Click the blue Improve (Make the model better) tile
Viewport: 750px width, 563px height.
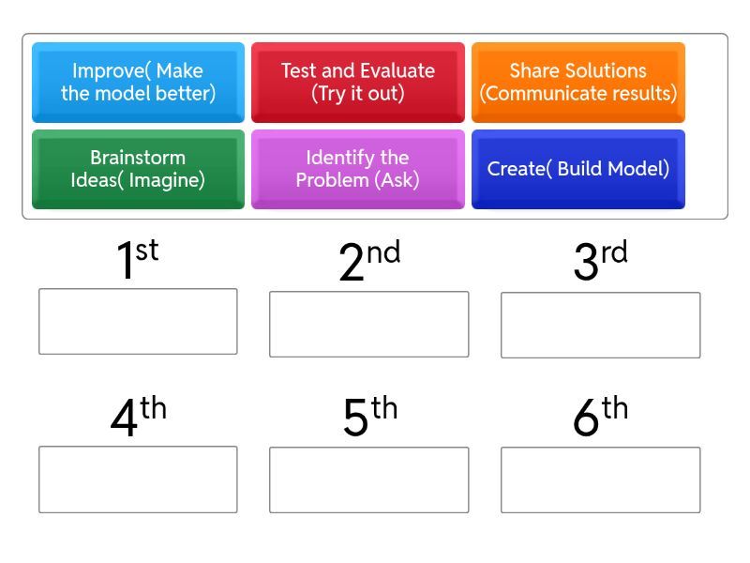138,83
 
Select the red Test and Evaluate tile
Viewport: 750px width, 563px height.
358,83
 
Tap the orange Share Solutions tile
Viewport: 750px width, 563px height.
578,83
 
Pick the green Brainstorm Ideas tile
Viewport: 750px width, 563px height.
138,169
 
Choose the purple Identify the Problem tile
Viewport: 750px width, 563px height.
358,169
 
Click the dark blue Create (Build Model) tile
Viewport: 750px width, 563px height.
578,169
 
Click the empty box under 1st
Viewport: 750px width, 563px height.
138,321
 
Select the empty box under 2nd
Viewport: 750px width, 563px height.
368,324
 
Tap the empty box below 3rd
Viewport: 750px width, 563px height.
600,325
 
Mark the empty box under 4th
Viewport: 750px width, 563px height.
138,479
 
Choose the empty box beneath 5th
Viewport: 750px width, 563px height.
368,479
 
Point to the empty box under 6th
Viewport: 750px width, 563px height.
600,479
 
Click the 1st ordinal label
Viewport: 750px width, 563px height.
138,258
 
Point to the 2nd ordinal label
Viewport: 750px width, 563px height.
369,260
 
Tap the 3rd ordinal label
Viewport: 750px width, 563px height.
600,260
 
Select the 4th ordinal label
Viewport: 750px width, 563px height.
138,416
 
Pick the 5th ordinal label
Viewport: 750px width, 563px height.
370,416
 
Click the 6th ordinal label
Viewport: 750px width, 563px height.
600,416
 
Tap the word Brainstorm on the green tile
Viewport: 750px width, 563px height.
138,158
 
